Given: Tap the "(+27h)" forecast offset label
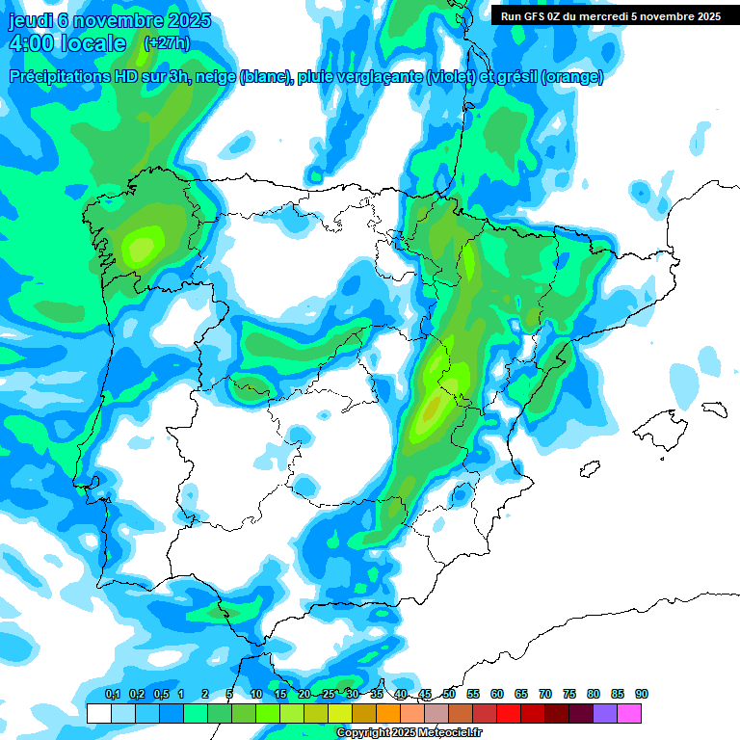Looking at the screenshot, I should [166, 43].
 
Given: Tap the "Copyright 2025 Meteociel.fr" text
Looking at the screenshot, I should [409, 733].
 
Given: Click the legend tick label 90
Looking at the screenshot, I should [642, 694].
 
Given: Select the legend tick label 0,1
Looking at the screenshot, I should [112, 694].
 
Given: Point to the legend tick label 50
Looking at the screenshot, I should [449, 694].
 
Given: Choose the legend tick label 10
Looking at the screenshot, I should [255, 694].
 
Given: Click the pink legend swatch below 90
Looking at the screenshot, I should [629, 713].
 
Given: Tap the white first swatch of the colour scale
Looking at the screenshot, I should [98, 713].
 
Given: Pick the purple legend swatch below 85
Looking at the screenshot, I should [605, 713].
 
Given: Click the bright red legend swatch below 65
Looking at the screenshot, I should [509, 713].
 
